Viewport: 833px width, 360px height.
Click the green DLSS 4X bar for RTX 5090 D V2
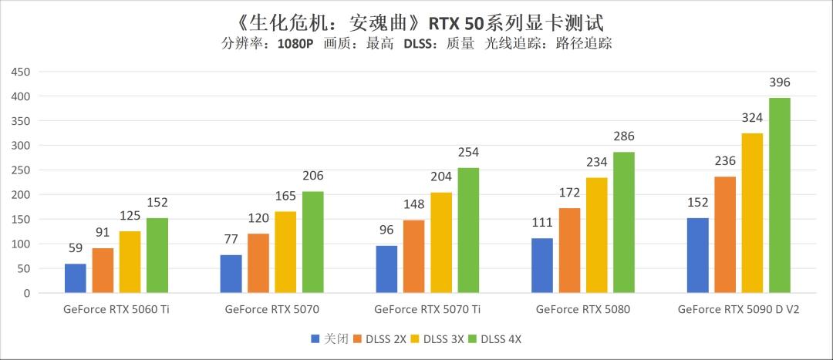(x=779, y=196)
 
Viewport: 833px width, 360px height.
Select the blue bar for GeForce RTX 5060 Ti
(x=76, y=278)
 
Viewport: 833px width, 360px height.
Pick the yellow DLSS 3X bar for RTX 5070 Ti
(x=441, y=243)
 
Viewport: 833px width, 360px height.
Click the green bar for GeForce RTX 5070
(x=312, y=242)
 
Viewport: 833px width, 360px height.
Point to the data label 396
(x=779, y=82)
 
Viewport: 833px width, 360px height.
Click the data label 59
(x=76, y=249)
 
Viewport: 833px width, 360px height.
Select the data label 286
(x=623, y=136)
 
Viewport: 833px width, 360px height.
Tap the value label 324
(x=752, y=118)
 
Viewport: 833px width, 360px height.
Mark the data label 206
(x=312, y=176)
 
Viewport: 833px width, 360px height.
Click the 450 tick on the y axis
(x=20, y=72)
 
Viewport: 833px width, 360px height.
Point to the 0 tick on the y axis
(x=26, y=294)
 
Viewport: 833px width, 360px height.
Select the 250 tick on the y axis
(x=20, y=170)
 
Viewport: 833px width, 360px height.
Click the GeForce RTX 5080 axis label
(x=582, y=310)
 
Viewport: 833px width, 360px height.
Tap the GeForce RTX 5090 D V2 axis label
(x=738, y=310)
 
